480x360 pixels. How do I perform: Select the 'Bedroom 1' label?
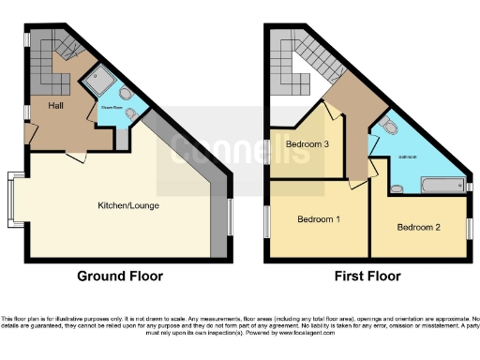(319, 219)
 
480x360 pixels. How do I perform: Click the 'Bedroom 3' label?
(306, 143)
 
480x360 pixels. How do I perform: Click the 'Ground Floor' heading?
(120, 277)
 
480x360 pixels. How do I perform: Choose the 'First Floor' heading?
(367, 277)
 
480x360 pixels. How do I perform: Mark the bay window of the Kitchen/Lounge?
(12, 200)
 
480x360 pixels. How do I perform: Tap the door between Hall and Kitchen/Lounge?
(72, 155)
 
